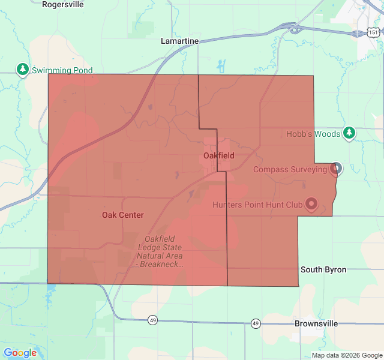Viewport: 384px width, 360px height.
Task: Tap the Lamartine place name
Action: [179, 41]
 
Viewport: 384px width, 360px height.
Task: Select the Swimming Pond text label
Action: [62, 70]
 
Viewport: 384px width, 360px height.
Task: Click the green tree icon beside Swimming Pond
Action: [23, 70]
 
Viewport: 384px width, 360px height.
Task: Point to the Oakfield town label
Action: [218, 155]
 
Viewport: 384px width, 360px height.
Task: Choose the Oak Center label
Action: [122, 215]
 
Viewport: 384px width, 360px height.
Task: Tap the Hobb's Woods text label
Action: [313, 134]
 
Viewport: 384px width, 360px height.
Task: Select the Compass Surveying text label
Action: [290, 169]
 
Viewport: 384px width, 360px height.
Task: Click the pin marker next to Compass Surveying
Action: [336, 168]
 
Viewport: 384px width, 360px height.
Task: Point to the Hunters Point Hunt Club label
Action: [257, 205]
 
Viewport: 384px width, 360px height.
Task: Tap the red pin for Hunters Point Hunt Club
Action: [311, 204]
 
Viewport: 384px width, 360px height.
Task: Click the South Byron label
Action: [323, 269]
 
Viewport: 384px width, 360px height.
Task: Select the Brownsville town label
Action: [316, 323]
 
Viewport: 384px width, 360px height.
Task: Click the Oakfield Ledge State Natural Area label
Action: [160, 252]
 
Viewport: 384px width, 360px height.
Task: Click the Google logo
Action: [20, 353]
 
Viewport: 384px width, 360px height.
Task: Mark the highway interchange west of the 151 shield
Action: [293, 28]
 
